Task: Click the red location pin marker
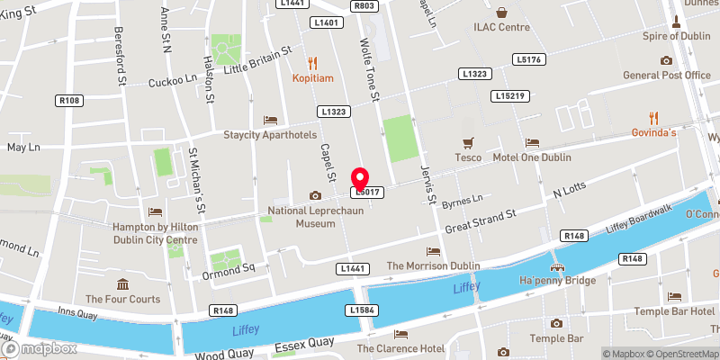click(360, 177)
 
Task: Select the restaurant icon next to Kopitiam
click(312, 62)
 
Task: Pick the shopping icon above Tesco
click(467, 142)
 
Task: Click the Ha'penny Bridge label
click(558, 282)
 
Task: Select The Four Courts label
click(122, 299)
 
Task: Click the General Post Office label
click(666, 75)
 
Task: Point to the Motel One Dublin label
click(532, 157)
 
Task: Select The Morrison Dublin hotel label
click(433, 265)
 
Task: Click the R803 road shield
click(364, 5)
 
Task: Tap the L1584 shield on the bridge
click(360, 310)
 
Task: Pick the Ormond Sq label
click(229, 267)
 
